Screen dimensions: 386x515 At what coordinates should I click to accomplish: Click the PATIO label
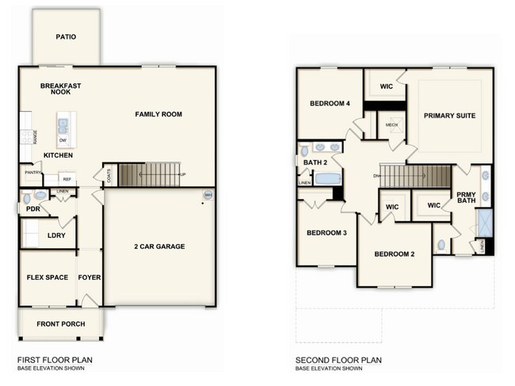pyautogui.click(x=66, y=36)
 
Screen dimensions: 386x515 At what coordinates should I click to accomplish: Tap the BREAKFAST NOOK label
pyautogui.click(x=61, y=89)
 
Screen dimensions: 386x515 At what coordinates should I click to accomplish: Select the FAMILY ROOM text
pyautogui.click(x=158, y=115)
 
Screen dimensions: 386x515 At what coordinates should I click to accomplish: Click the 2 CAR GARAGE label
pyautogui.click(x=159, y=247)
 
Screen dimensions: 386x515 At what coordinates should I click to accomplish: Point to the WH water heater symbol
pyautogui.click(x=208, y=195)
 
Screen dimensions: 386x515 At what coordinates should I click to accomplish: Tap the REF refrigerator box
pyautogui.click(x=67, y=179)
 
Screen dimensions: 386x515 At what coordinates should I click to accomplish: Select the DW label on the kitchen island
pyautogui.click(x=63, y=140)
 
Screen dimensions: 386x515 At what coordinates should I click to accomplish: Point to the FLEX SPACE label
pyautogui.click(x=47, y=278)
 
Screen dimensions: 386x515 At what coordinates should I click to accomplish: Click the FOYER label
pyautogui.click(x=90, y=278)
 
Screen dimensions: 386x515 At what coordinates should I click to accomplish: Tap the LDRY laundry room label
pyautogui.click(x=56, y=235)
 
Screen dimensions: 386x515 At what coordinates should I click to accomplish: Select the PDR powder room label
pyautogui.click(x=32, y=210)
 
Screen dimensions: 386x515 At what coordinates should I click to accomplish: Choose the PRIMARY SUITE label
pyautogui.click(x=449, y=116)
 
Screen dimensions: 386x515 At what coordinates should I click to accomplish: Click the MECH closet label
pyautogui.click(x=391, y=125)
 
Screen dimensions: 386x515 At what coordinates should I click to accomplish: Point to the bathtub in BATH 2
pyautogui.click(x=327, y=179)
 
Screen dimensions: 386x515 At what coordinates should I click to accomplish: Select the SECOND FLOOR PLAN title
pyautogui.click(x=338, y=360)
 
